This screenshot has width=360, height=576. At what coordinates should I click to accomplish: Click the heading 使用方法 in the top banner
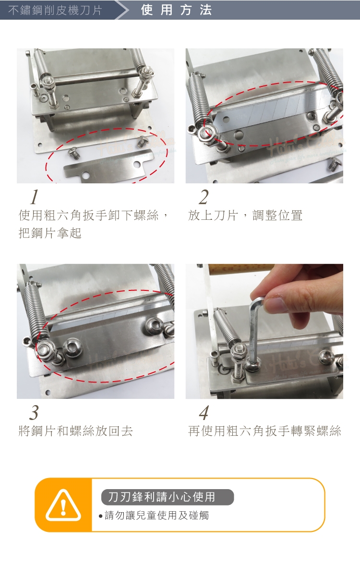176,10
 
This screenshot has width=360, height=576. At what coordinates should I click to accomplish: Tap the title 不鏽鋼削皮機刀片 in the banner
55,10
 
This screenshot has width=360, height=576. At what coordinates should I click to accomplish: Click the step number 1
35,197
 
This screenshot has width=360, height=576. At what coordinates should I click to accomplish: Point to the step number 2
204,197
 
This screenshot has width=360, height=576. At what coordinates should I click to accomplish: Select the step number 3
34,413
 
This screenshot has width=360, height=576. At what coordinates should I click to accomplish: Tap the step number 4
204,413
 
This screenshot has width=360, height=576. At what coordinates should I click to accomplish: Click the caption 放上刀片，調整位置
245,216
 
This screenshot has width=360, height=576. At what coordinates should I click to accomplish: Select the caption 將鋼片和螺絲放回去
76,431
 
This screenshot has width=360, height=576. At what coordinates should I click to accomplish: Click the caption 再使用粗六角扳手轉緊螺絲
264,431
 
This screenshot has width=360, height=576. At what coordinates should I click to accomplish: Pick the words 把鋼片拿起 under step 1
50,233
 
